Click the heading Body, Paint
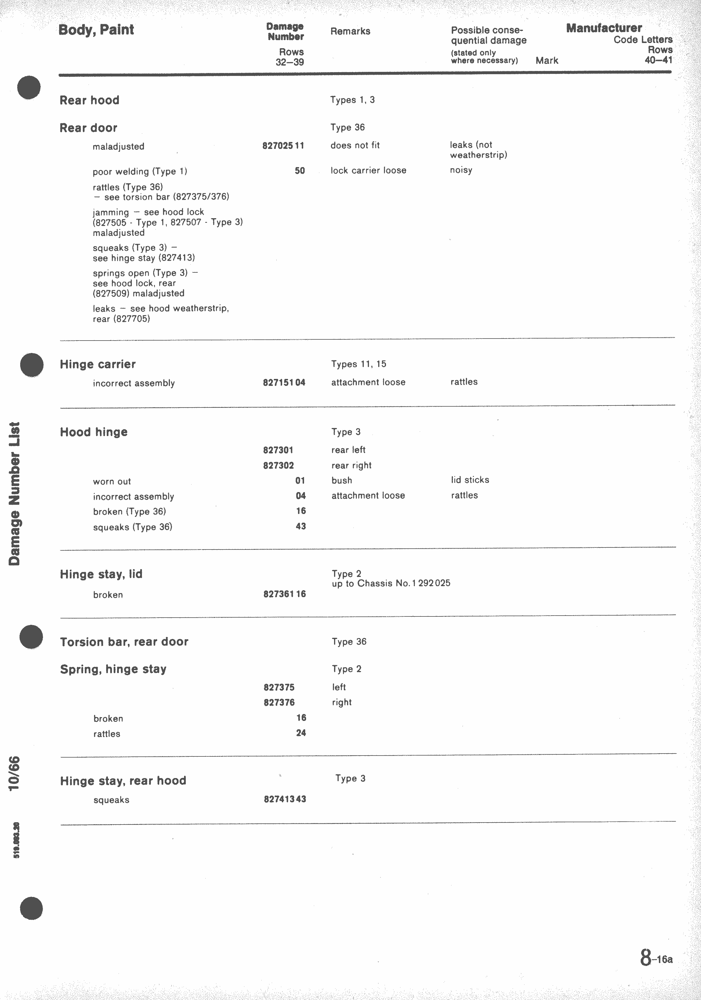click(96, 30)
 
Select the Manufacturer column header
click(603, 28)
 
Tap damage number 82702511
click(283, 145)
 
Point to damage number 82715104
click(284, 382)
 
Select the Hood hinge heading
click(94, 432)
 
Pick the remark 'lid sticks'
click(470, 480)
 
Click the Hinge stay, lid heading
click(101, 574)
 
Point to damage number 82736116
click(284, 594)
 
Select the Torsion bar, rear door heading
click(124, 642)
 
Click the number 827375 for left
click(279, 687)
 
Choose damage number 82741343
click(285, 799)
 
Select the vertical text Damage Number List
click(14, 494)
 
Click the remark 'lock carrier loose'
click(368, 170)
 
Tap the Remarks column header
click(350, 31)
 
